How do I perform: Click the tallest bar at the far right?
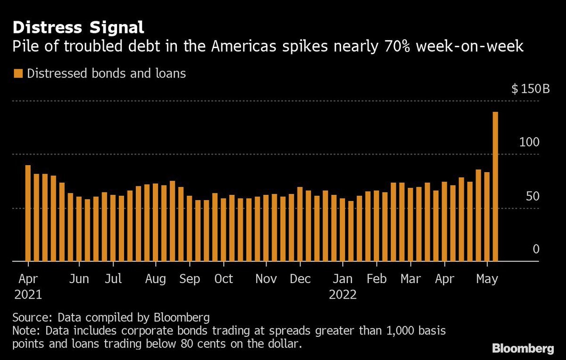[495, 186]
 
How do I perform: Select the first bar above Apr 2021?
[28, 213]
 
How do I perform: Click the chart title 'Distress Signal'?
[78, 27]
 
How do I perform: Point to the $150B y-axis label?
[531, 89]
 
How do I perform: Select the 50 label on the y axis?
[533, 196]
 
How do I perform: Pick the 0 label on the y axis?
[536, 249]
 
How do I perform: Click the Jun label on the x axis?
[79, 279]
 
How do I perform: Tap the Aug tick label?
[155, 279]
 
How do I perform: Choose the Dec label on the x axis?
[300, 279]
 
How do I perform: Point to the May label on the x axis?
[487, 279]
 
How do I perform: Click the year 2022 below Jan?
[343, 295]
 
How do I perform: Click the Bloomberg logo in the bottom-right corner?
[523, 349]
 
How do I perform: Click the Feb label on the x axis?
[376, 279]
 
